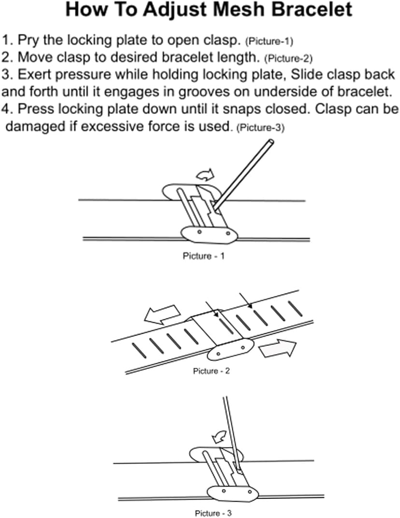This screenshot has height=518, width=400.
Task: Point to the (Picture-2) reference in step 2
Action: tap(288, 58)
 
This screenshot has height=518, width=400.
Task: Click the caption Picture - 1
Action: tap(203, 256)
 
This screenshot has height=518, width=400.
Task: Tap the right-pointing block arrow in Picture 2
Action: tap(276, 347)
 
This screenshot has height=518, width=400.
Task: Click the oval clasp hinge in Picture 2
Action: tap(230, 348)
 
